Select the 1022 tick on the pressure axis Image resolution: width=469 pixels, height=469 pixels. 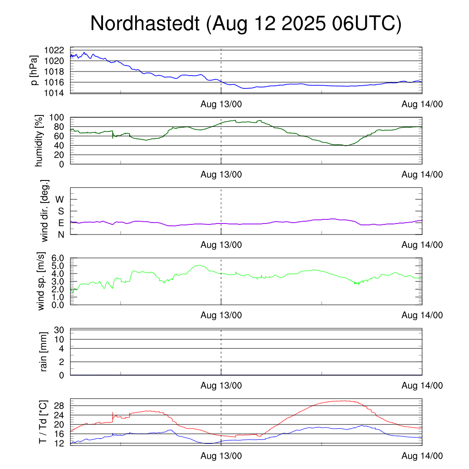point(54,50)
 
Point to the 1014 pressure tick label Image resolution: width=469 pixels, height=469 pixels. point(54,93)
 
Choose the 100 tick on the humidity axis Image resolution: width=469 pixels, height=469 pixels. point(57,117)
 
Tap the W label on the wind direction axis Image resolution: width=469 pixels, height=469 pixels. point(60,199)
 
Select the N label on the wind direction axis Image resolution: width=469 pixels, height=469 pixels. point(60,234)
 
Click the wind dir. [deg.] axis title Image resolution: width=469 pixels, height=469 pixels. point(45,211)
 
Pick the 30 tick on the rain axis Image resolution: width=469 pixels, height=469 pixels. point(60,330)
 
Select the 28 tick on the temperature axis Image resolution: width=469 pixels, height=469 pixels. point(60,406)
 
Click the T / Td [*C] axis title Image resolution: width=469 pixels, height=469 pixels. point(43,421)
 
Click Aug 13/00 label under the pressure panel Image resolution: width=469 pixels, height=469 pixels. point(221,104)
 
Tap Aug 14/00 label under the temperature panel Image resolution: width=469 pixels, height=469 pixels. point(422,456)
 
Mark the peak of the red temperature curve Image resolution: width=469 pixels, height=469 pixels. point(341,401)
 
